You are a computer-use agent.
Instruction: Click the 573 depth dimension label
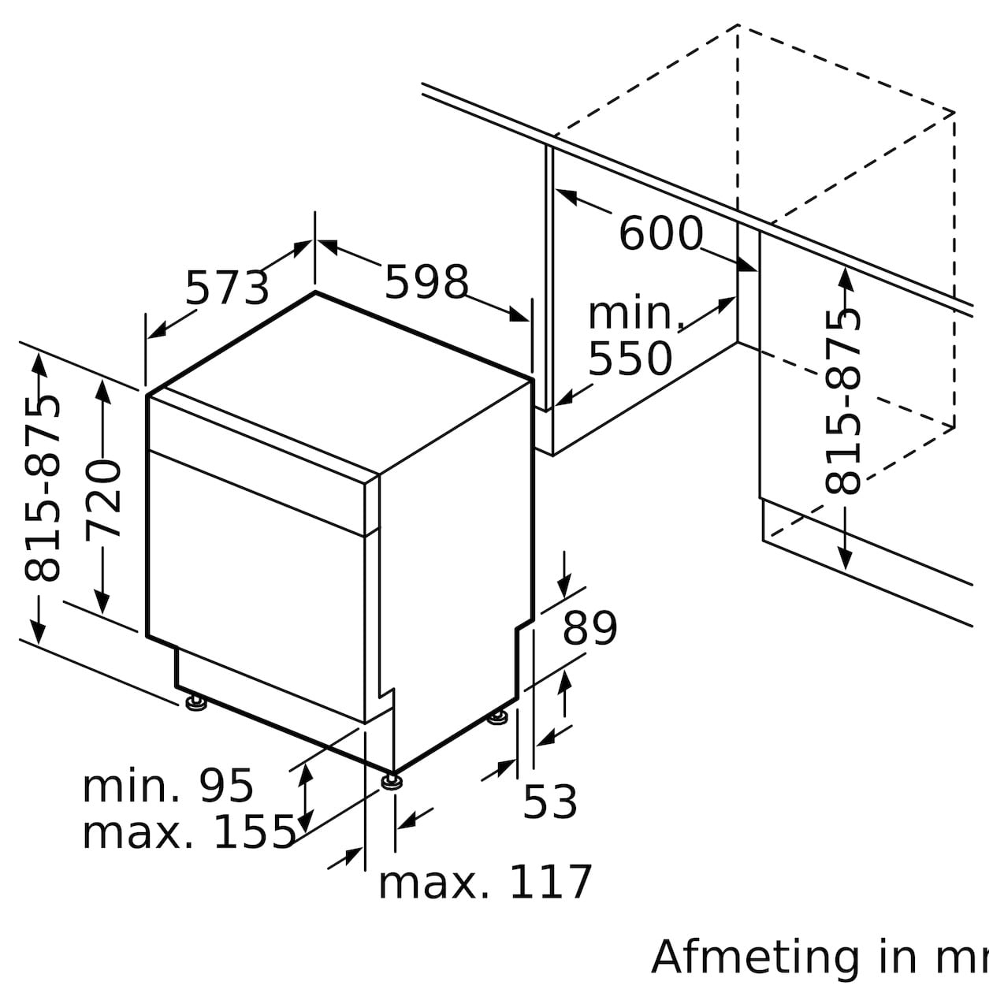[x=227, y=288]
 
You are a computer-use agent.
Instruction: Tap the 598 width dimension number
[x=426, y=281]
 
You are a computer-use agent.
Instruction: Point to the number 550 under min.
[x=630, y=359]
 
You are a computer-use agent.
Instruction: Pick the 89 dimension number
[x=589, y=628]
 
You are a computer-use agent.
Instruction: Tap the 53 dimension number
[x=550, y=801]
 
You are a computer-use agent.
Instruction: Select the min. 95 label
[x=168, y=787]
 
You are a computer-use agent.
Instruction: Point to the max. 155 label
[x=189, y=833]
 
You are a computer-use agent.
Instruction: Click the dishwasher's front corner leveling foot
[x=392, y=782]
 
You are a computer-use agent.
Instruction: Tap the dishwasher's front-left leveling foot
[x=195, y=704]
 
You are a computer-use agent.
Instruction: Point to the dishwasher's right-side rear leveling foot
[x=498, y=717]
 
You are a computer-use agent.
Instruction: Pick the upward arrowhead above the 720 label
[x=103, y=391]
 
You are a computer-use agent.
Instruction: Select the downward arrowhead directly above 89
[x=564, y=587]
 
